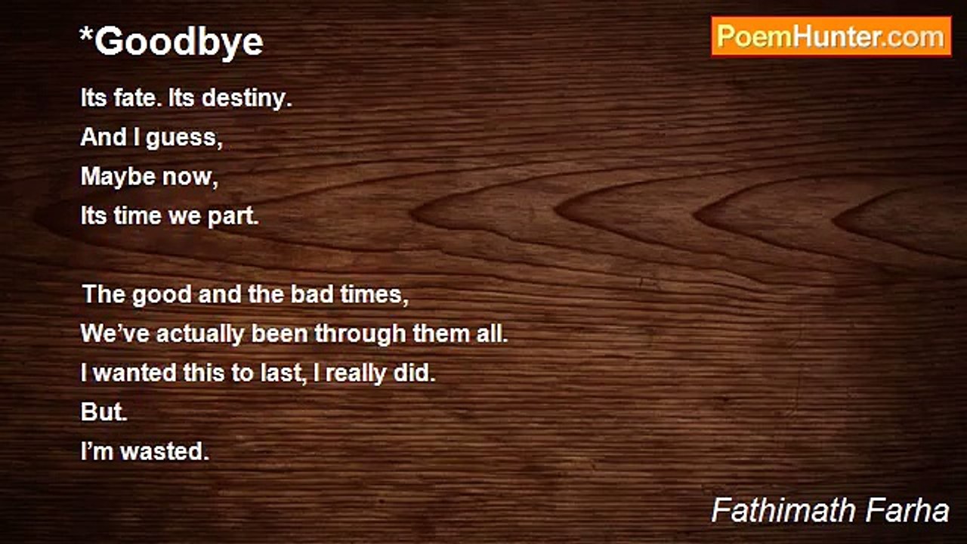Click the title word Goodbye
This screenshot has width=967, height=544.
point(179,42)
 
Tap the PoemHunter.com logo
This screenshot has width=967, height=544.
point(830,36)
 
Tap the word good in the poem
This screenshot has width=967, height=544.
point(162,294)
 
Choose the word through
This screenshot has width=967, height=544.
point(360,333)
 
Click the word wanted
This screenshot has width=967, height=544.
point(133,373)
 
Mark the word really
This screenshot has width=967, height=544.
point(348,373)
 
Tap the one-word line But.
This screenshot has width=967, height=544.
point(104,413)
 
